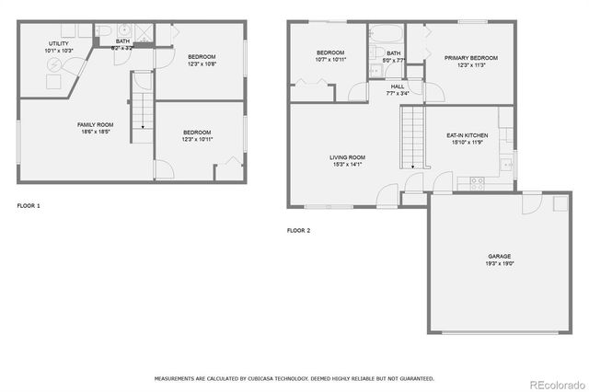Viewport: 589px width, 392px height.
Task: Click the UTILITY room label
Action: point(58,43)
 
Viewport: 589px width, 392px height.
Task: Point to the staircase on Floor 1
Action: point(141,105)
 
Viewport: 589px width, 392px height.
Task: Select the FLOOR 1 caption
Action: point(29,205)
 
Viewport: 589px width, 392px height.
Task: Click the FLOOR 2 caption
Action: point(298,230)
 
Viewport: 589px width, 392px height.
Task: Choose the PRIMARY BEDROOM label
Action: point(470,58)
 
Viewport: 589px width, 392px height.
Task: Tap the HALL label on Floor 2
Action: point(398,86)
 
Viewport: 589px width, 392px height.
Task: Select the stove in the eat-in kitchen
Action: point(478,181)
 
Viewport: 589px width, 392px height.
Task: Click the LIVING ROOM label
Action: point(347,157)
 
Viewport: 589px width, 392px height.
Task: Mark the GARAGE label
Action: point(500,256)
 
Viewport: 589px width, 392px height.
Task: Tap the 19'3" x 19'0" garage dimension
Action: point(500,264)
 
